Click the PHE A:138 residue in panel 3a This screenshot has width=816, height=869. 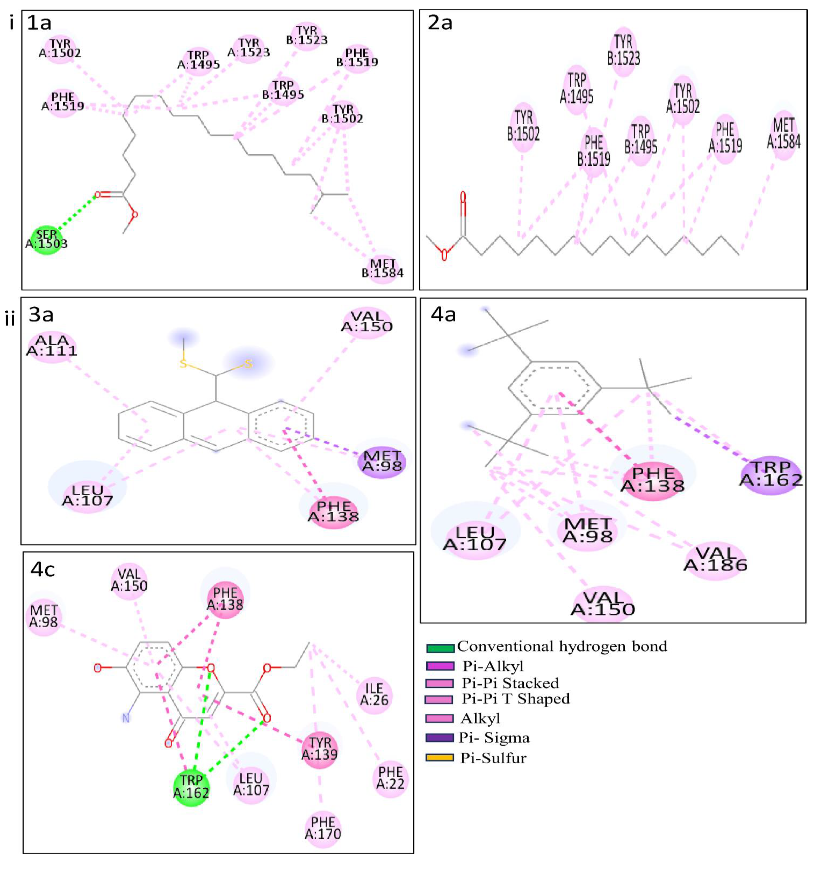(334, 511)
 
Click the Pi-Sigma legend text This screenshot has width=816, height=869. (494, 738)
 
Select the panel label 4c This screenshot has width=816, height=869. (43, 570)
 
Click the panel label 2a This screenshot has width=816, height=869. (440, 23)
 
